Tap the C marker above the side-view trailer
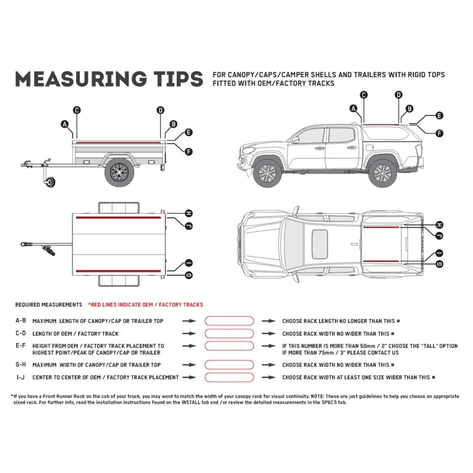[77, 110]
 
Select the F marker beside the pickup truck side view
[439, 133]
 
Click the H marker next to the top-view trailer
[188, 213]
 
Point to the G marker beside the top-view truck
[439, 264]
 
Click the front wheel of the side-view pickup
[268, 173]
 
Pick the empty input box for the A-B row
[229, 321]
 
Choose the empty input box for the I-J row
[229, 377]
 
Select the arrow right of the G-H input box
[269, 365]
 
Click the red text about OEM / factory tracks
[146, 305]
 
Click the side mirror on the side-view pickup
[296, 140]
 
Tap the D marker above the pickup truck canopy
[399, 95]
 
